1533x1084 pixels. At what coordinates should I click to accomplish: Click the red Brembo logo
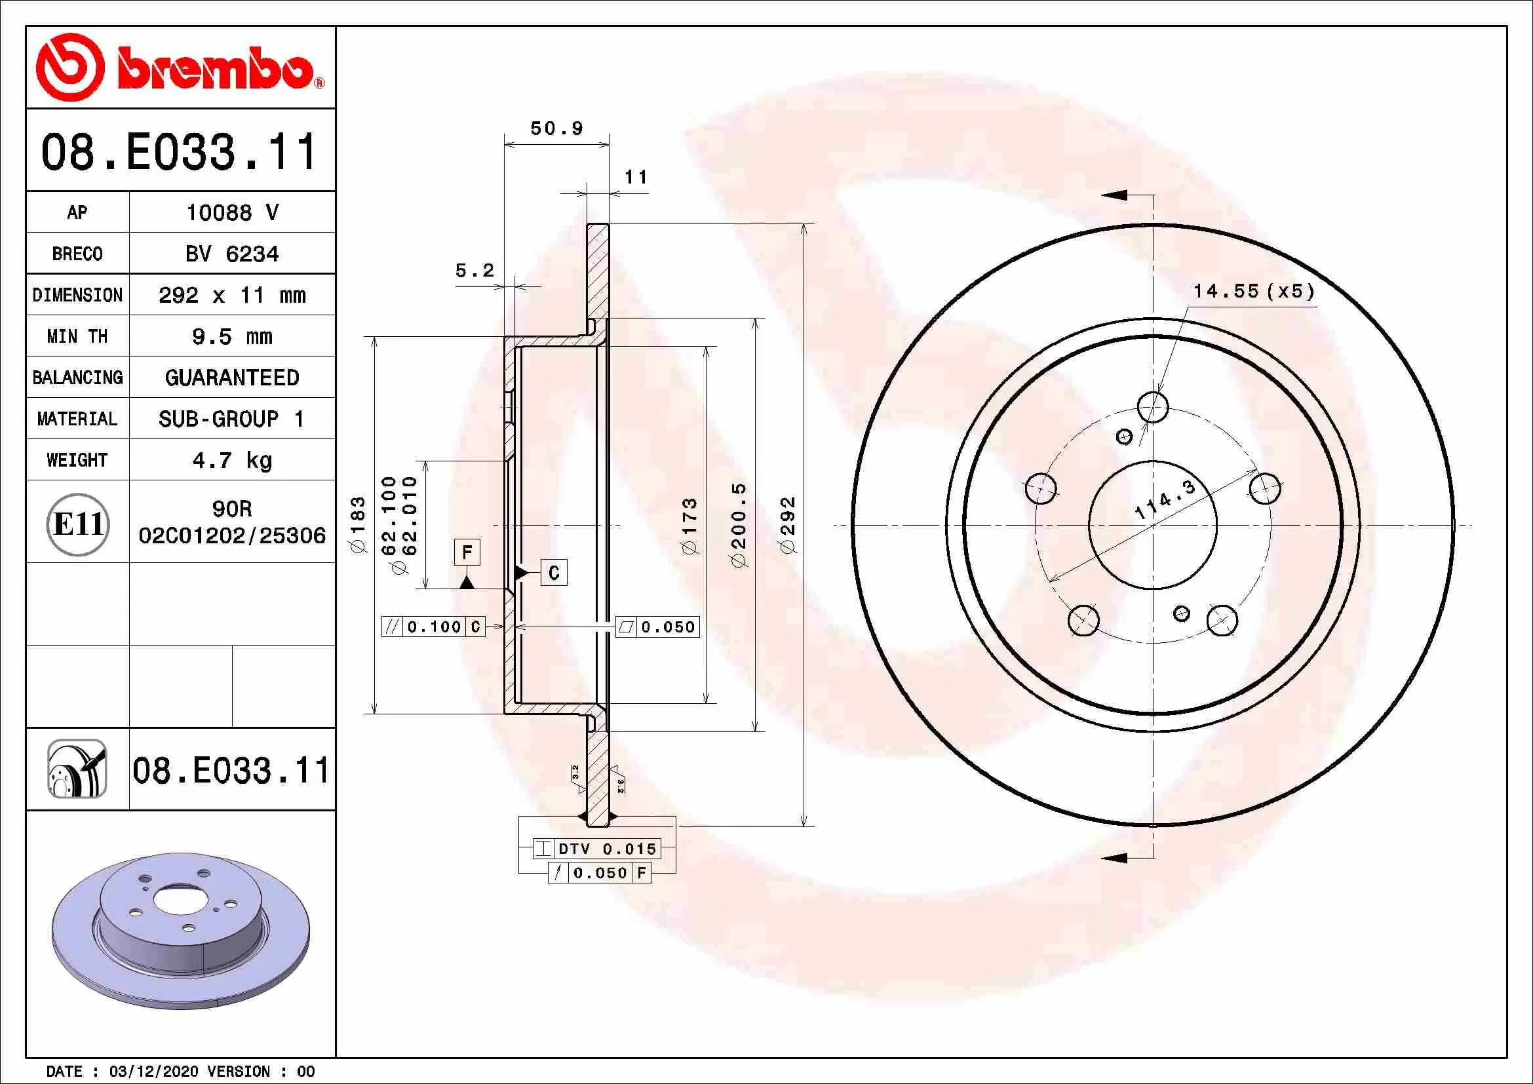point(179,68)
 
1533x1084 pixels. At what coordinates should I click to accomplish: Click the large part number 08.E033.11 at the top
point(179,151)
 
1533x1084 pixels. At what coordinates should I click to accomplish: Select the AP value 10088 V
point(231,213)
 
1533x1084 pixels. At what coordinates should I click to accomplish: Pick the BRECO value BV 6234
point(231,254)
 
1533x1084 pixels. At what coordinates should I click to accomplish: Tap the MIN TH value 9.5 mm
point(231,336)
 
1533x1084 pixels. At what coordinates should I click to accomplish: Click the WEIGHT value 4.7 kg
point(231,461)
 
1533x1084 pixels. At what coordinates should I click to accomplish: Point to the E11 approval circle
point(77,524)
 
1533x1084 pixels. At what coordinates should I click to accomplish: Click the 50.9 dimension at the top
point(557,128)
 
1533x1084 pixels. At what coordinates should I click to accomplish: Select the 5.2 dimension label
point(474,270)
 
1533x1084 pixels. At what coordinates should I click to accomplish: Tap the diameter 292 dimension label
point(788,525)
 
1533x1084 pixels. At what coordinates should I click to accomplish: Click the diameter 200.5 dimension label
point(739,525)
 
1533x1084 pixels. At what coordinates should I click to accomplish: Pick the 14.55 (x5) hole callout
point(1253,292)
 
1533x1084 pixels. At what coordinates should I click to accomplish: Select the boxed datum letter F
point(467,552)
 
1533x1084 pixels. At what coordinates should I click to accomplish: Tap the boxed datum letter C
point(554,573)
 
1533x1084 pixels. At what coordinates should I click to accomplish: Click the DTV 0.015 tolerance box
point(597,849)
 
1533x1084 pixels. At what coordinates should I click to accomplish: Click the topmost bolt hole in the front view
point(1152,406)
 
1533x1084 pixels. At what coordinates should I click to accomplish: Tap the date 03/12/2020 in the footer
point(153,1072)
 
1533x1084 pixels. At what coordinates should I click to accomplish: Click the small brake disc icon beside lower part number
point(77,769)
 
